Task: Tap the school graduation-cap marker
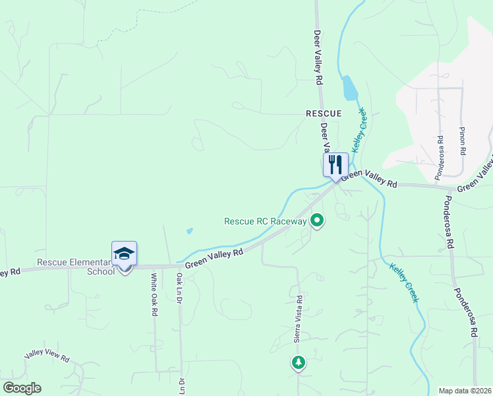coord(124,253)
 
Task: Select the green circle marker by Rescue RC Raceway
coord(317,221)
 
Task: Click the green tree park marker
coord(299,362)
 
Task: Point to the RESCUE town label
coord(324,114)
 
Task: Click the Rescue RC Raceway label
coord(266,222)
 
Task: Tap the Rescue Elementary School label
coord(76,267)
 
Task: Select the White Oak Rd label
coord(154,294)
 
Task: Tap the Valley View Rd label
coord(47,356)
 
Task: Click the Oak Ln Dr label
coord(179,289)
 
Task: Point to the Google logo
coord(21,388)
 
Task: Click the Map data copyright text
coord(464,391)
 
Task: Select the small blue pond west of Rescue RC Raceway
coord(190,231)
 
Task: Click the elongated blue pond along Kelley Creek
coord(349,88)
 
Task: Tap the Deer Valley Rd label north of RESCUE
coord(318,57)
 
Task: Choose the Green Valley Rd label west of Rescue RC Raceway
coord(214,258)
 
